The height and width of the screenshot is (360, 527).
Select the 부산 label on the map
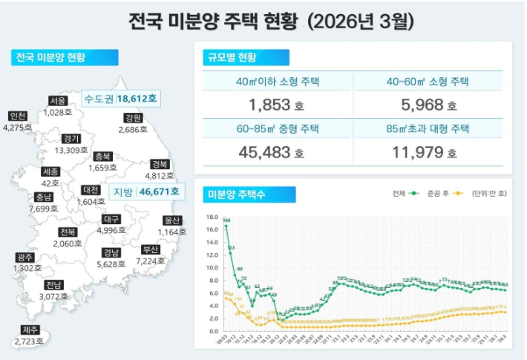click(151, 249)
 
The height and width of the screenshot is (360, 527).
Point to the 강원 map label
click(133, 118)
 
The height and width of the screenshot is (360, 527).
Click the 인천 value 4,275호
click(18, 128)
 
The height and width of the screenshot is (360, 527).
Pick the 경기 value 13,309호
click(72, 150)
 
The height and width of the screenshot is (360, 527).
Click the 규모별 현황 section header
click(246, 58)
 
